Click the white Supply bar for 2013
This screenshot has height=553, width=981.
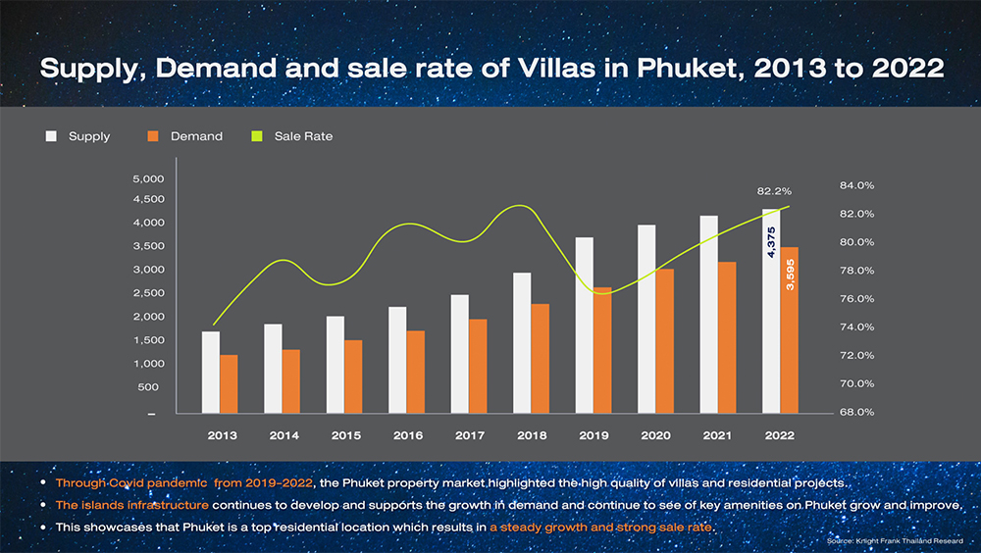[x=211, y=373]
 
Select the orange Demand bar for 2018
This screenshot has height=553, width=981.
[x=540, y=359]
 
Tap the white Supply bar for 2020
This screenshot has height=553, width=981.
[x=646, y=320]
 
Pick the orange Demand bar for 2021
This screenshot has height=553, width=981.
[x=727, y=338]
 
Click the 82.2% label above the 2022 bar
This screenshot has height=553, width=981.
[x=774, y=191]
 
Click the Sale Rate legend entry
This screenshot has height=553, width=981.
[x=303, y=136]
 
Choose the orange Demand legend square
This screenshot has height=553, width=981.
[x=153, y=136]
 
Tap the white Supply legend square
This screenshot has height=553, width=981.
[x=51, y=136]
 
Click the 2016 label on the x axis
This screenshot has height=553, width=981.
[x=408, y=434]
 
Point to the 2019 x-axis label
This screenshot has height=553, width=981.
[x=594, y=434]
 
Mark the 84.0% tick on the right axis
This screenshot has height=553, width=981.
[x=856, y=185]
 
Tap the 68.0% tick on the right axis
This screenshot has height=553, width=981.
[x=856, y=412]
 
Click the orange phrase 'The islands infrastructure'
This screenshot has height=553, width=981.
[x=130, y=505]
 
